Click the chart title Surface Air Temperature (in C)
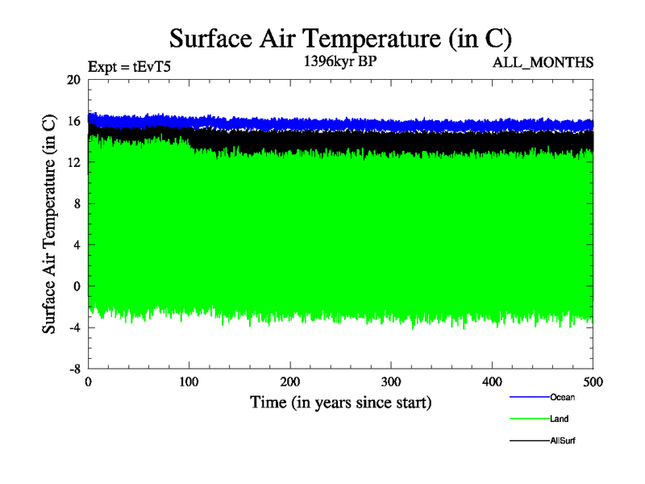[340, 40]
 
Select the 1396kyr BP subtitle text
[339, 62]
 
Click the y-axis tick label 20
[74, 80]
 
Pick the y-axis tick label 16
[74, 121]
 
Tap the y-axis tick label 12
[74, 162]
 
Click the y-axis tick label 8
[77, 204]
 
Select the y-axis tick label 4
[77, 245]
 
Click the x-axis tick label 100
[189, 382]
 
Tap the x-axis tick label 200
[290, 382]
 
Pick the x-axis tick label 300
[391, 382]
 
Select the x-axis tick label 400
[492, 382]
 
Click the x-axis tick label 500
[593, 382]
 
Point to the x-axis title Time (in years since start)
[340, 402]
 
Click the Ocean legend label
[562, 397]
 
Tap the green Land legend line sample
[529, 419]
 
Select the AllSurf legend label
[563, 441]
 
